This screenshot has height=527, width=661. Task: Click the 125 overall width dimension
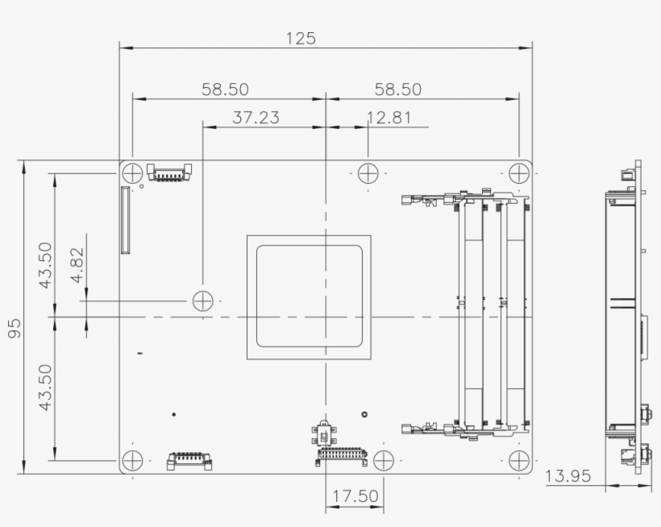pos(301,38)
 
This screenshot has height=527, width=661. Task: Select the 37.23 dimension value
pos(256,118)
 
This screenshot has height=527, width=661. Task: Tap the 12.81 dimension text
pos(389,118)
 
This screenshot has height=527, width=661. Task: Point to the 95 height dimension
pos(15,327)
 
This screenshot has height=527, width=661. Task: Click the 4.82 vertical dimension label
pos(77,266)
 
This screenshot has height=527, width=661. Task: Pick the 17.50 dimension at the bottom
pos(355,496)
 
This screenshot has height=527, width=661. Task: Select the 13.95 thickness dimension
pos(568,476)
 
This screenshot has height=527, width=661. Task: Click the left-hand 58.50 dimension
pos(225,89)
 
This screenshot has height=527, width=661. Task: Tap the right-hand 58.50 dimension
pos(397,89)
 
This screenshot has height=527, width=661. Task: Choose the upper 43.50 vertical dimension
pos(45,265)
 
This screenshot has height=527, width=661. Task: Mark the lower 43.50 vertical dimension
pos(45,388)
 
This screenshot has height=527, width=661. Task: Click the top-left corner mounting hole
pos(133,172)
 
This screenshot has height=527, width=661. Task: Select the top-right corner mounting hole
pos(518,172)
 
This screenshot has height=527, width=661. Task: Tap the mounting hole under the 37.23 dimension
pos(202,301)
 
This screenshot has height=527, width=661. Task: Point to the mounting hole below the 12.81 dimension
pos(368,172)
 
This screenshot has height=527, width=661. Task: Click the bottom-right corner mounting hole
pos(518,461)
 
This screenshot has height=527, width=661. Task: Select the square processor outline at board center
pos(309,297)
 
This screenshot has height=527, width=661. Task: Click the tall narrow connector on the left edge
pos(125,220)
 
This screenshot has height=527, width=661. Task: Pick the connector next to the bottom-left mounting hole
pos(189,461)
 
